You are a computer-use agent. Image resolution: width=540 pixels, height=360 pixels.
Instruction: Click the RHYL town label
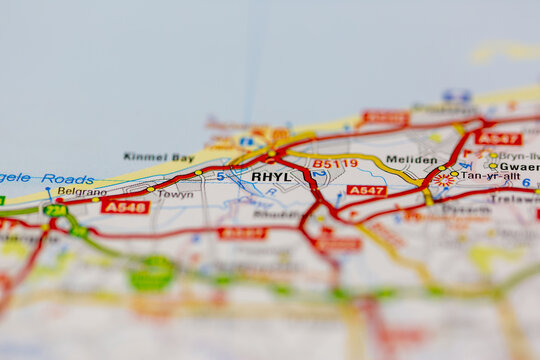(271, 177)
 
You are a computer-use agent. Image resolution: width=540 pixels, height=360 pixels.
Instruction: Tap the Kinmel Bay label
(158, 157)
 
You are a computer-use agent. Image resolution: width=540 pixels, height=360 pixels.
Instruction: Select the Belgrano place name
(82, 191)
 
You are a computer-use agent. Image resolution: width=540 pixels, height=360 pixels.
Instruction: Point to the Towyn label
(176, 194)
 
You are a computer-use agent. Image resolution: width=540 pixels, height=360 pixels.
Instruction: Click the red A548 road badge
(125, 207)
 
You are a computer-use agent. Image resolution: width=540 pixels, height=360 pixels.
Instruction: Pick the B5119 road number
(334, 164)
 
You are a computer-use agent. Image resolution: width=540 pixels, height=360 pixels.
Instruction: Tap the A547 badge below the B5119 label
(366, 190)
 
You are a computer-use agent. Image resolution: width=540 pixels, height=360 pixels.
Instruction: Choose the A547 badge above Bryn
(498, 138)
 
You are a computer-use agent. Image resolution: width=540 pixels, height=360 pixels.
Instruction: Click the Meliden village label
(411, 160)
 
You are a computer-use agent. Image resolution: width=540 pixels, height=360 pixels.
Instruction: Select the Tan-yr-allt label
(490, 176)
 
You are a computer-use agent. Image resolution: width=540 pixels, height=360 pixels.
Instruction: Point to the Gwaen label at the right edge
(519, 167)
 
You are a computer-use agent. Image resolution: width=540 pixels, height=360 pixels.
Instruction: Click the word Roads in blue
(68, 179)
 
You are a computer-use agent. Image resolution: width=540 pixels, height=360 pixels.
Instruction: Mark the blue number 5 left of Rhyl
(220, 176)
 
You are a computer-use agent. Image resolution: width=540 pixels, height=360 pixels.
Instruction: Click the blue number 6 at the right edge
(526, 183)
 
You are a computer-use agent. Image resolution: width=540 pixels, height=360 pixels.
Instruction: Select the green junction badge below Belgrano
(55, 210)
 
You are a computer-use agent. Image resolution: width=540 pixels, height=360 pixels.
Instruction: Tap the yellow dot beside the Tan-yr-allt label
(454, 174)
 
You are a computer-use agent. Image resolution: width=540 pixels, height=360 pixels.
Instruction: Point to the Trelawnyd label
(514, 198)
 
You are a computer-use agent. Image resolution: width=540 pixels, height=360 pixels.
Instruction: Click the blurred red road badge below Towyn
(242, 233)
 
